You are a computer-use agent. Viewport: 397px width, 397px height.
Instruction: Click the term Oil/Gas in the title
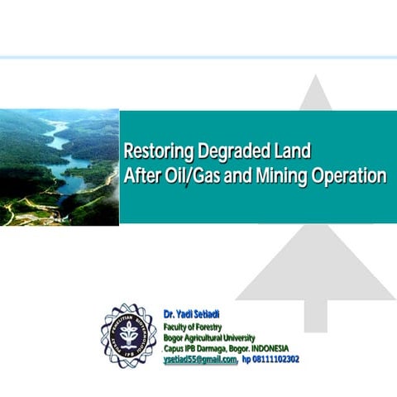188,176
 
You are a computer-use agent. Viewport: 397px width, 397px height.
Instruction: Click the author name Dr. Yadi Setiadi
191,314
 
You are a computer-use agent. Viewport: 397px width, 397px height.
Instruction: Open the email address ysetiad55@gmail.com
200,360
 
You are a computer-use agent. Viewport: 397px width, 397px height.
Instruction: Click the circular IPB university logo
128,335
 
